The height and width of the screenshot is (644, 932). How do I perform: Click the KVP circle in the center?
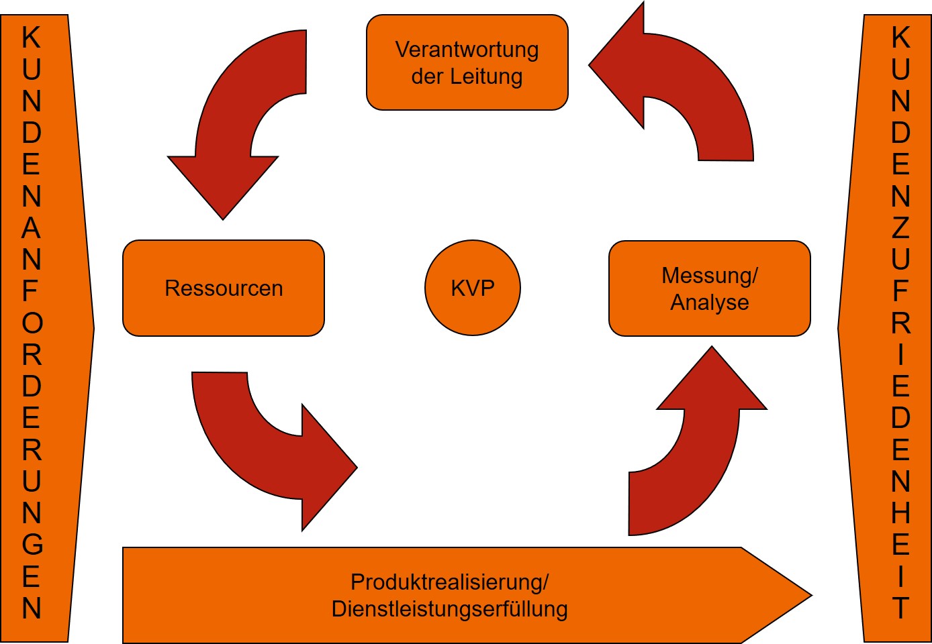(473, 288)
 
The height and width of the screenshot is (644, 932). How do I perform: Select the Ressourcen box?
(224, 288)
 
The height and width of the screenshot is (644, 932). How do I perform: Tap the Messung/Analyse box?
(709, 288)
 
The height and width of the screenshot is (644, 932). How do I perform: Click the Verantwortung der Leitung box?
(467, 62)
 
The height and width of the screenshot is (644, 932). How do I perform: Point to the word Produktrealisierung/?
(449, 582)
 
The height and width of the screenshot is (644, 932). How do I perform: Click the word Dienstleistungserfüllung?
(449, 609)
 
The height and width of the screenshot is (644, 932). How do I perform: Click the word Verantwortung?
(467, 50)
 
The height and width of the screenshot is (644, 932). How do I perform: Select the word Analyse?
(709, 303)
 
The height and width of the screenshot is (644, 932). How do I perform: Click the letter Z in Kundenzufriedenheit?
(900, 228)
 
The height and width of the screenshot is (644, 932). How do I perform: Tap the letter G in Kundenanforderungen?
(32, 545)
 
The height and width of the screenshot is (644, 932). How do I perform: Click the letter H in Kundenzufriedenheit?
(900, 513)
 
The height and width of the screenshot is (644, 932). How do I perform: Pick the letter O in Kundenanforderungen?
(32, 323)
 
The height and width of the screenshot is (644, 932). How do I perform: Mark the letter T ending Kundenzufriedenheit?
(900, 608)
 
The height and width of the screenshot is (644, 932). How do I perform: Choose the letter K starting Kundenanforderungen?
(32, 38)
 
